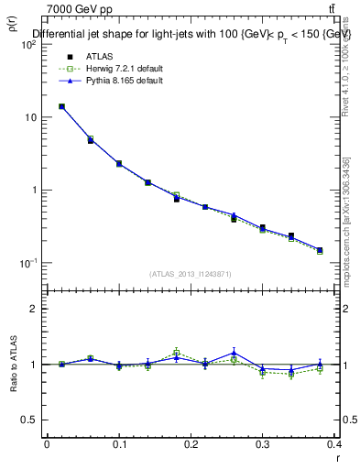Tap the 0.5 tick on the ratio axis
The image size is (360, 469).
click(31, 420)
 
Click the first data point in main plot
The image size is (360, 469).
click(61, 106)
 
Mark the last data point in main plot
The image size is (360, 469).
click(320, 250)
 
